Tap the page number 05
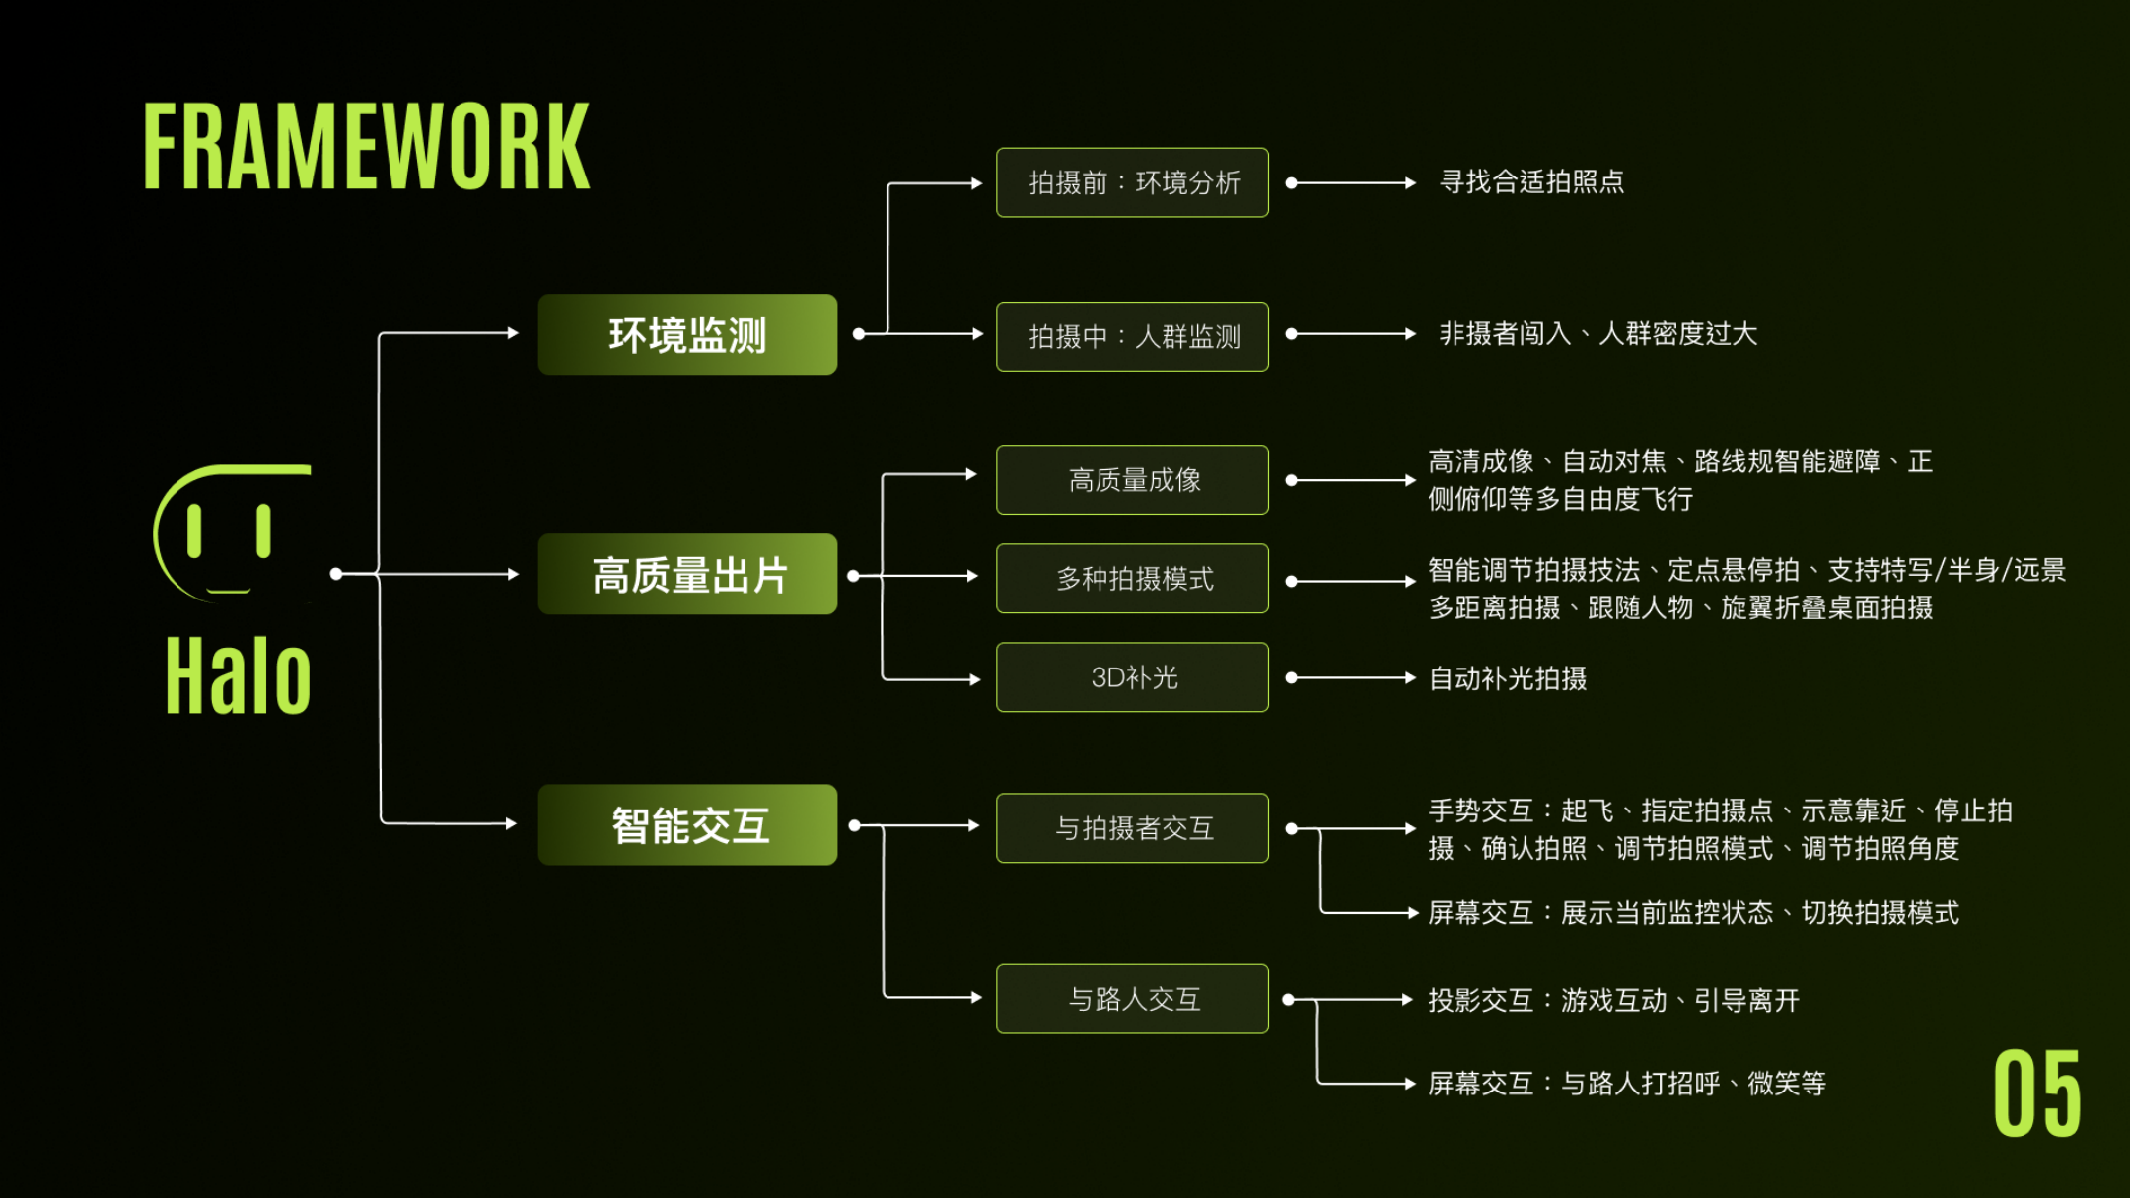point(2036,1093)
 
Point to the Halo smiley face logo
point(233,532)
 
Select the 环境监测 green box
point(687,334)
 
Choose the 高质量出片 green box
point(687,574)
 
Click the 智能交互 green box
point(687,824)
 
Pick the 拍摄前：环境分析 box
point(1132,182)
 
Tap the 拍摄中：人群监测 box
point(1132,336)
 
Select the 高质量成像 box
point(1132,479)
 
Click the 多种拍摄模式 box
point(1132,578)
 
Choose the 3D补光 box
point(1132,676)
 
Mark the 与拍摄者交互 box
point(1132,827)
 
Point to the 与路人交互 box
point(1132,999)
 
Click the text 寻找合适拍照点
point(1531,181)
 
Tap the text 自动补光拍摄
point(1508,678)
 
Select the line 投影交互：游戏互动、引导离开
point(1613,1000)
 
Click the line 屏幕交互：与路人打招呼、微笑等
point(1627,1084)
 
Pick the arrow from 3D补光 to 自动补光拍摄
point(1351,677)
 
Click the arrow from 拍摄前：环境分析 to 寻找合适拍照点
point(1351,182)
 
